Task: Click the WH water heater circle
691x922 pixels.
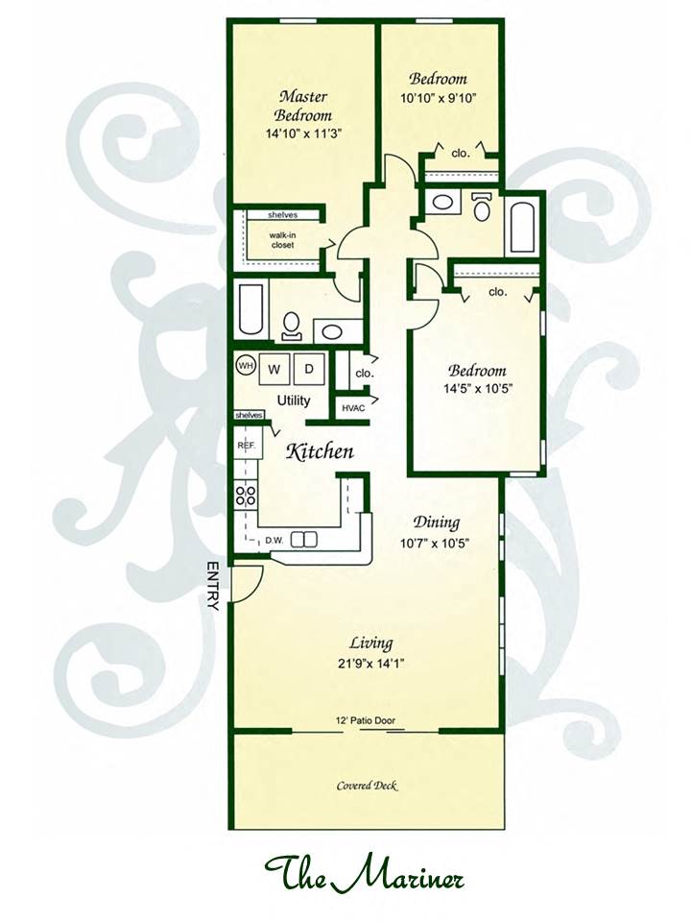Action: point(245,366)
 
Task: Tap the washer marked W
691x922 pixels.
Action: point(274,369)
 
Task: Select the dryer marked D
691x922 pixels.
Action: point(308,369)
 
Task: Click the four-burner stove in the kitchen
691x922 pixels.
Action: point(246,494)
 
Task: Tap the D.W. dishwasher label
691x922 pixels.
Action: point(274,540)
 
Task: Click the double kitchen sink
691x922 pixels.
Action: point(304,539)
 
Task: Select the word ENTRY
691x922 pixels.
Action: point(213,586)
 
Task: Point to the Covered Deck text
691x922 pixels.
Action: point(368,785)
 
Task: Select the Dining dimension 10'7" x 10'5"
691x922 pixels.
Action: point(434,543)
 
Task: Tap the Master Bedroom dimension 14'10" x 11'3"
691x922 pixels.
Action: point(303,133)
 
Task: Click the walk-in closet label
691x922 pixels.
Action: point(282,240)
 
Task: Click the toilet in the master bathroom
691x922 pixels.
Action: point(291,327)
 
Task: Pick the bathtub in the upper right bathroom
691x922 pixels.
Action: point(522,228)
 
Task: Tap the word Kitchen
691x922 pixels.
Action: point(320,451)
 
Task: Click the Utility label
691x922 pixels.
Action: point(294,401)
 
